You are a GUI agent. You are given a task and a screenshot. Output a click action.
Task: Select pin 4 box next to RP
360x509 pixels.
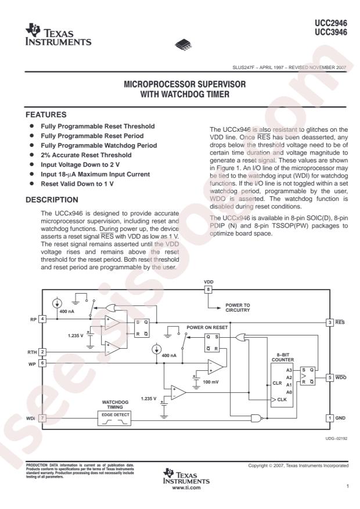click(42, 318)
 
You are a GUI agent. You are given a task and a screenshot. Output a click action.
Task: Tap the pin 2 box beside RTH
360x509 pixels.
click(42, 351)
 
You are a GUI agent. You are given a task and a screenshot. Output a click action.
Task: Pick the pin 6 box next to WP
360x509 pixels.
click(42, 363)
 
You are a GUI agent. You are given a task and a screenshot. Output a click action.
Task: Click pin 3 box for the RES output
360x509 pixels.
click(329, 322)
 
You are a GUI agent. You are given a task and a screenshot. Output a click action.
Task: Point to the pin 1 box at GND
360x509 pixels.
click(329, 418)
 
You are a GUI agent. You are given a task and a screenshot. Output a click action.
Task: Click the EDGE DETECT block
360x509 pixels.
click(115, 418)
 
